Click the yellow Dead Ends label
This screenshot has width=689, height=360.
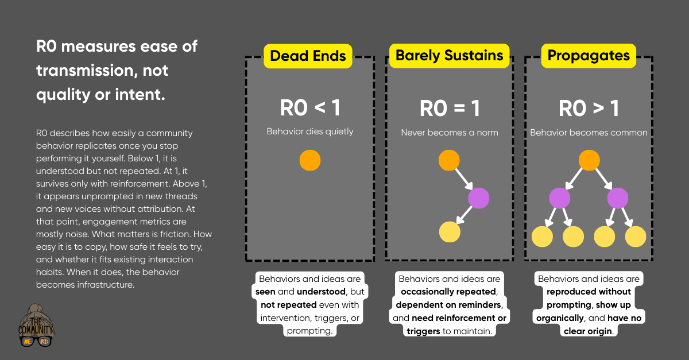308,56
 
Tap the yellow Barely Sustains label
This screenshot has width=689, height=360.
449,55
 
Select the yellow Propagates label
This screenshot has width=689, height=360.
589,56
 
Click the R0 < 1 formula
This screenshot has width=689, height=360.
310,108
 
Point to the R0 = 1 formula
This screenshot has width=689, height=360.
450,108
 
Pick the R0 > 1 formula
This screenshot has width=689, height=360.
589,108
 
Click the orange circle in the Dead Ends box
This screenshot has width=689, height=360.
310,160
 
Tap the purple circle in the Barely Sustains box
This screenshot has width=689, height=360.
478,198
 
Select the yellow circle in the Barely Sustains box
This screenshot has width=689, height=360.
450,232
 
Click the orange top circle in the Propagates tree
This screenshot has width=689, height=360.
589,160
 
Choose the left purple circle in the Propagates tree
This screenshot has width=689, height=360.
560,198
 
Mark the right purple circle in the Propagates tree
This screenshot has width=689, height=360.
617,198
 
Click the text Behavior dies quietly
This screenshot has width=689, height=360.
310,131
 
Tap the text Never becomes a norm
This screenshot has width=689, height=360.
450,133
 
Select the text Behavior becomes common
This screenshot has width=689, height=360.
589,133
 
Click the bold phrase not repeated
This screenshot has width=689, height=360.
281,305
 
